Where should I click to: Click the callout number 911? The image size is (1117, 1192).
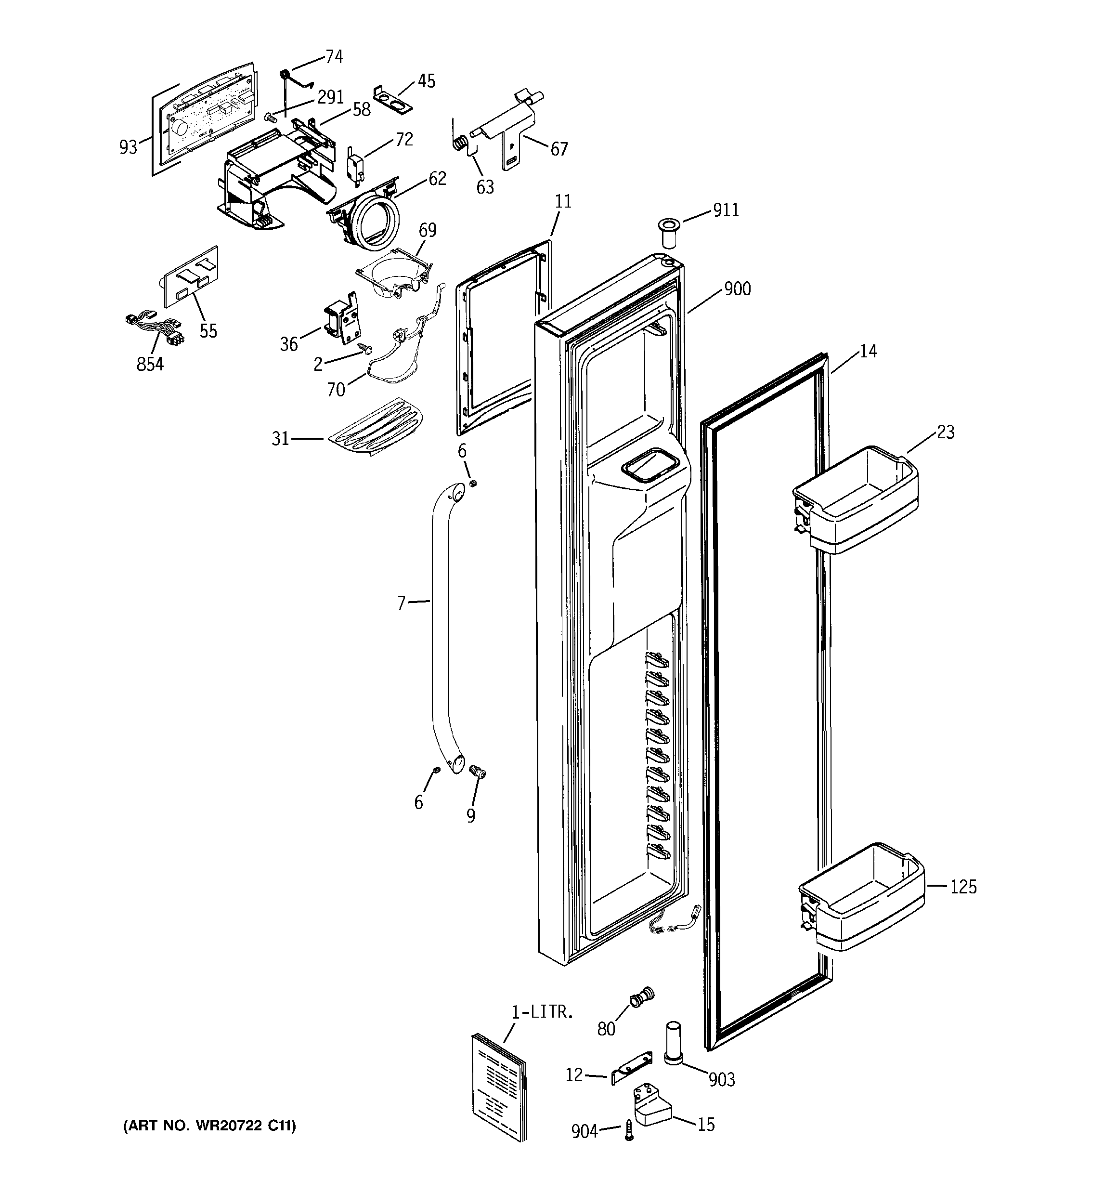pyautogui.click(x=726, y=210)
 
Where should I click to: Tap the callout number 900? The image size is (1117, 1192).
pyautogui.click(x=737, y=289)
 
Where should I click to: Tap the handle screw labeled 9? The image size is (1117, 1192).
pyautogui.click(x=478, y=772)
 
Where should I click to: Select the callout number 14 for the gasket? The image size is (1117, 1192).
pyautogui.click(x=868, y=352)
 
